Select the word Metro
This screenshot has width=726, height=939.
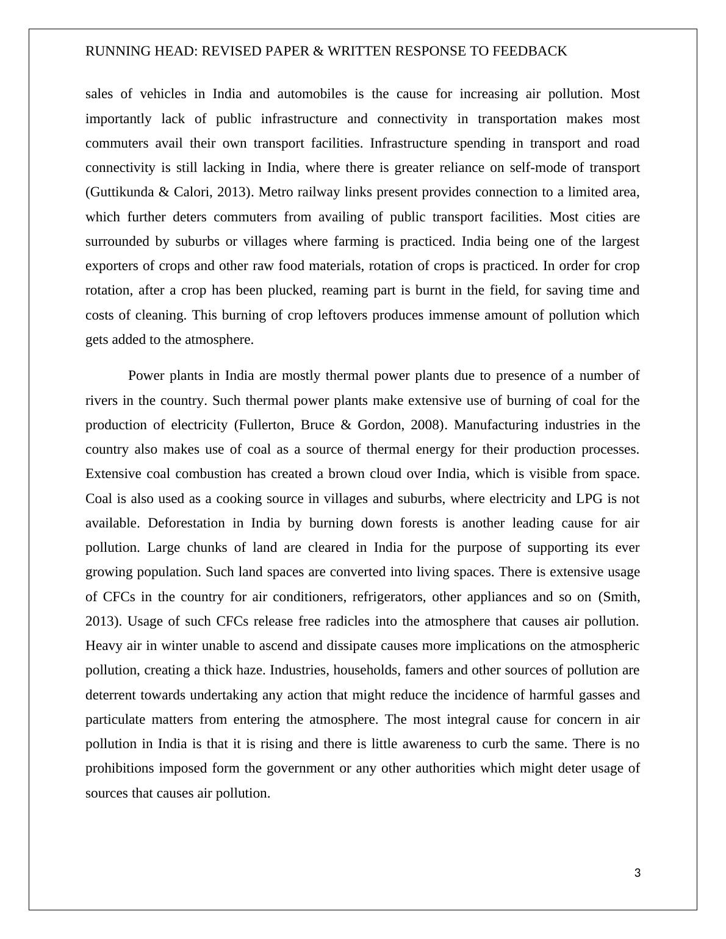pos(276,192)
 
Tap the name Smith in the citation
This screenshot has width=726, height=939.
pos(621,596)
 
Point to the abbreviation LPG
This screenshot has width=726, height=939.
pos(589,499)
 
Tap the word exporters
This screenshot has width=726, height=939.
pos(112,266)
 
